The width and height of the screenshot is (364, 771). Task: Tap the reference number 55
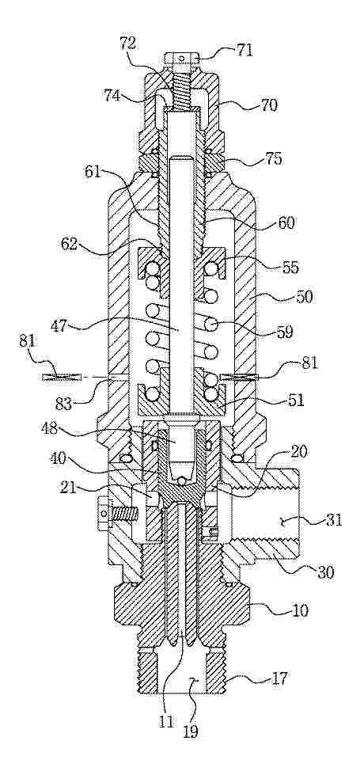tap(290, 268)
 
